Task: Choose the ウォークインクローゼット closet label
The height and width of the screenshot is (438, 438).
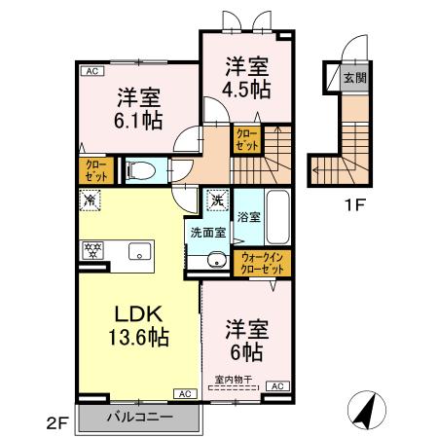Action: (x=259, y=262)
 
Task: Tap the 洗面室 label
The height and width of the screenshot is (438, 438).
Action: (x=207, y=234)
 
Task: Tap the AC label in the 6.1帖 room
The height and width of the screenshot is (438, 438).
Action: (x=90, y=71)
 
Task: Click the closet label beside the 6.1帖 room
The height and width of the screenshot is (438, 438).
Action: (x=96, y=172)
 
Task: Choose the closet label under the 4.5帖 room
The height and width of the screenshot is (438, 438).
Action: (x=245, y=140)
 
